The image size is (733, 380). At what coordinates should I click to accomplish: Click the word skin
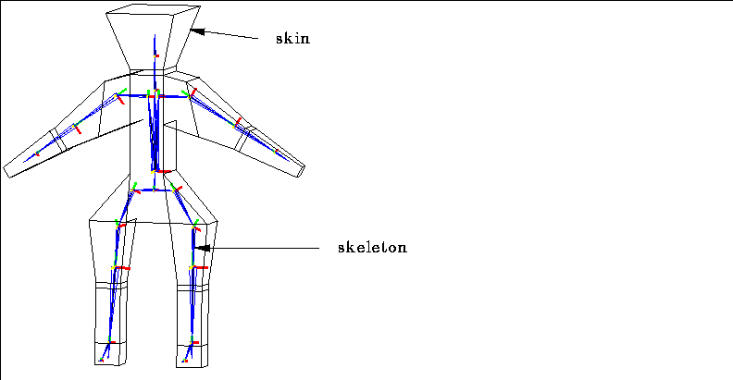292,38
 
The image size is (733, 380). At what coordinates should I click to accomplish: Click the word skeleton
373,247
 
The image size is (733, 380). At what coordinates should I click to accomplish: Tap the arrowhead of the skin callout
197,31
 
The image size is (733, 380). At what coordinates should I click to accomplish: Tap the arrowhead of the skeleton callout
202,248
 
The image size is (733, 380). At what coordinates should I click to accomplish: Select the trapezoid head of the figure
154,37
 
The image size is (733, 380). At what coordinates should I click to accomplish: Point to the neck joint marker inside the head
155,55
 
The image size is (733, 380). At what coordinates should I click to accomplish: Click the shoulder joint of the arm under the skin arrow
190,95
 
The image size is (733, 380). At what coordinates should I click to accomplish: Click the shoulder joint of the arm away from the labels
118,96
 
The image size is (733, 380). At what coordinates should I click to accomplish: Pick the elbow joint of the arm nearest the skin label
236,124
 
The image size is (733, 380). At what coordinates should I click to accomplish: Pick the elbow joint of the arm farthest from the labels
76,127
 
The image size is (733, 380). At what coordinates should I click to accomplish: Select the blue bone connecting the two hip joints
155,190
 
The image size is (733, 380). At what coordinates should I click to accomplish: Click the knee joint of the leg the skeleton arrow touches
193,267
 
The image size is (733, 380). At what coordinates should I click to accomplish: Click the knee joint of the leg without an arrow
115,267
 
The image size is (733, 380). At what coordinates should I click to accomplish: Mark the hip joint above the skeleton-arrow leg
175,190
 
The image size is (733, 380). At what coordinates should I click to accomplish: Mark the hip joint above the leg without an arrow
134,190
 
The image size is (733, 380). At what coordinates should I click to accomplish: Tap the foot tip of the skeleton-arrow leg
185,361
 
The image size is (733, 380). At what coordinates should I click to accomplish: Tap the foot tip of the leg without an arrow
101,360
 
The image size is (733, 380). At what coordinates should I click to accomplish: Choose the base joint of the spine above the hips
155,171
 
